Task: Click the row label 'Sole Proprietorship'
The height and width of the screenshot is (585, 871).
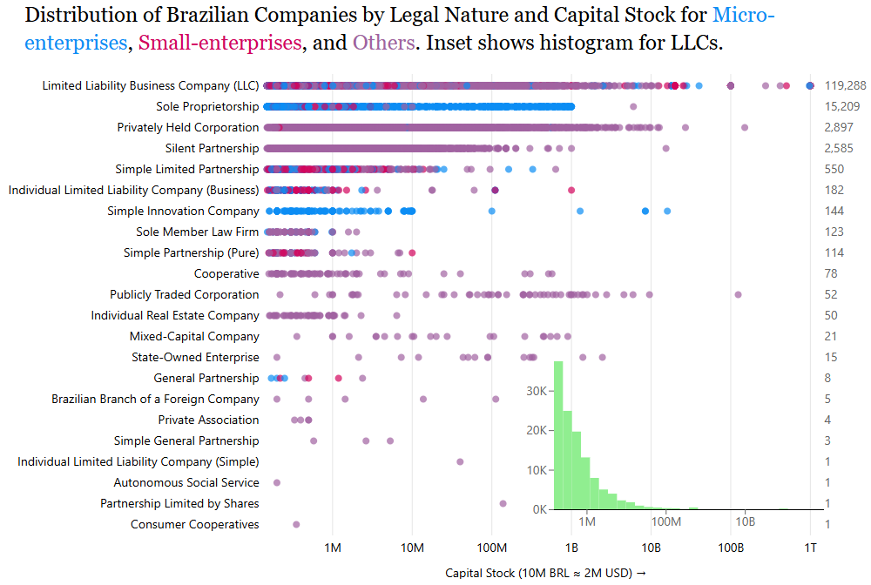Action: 207,106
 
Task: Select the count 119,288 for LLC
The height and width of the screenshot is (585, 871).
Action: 845,85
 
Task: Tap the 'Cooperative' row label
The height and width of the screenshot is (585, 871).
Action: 226,273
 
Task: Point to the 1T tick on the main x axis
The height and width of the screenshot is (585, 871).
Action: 810,547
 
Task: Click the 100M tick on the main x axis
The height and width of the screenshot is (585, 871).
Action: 492,547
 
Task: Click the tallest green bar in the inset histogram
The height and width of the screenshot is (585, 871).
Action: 558,435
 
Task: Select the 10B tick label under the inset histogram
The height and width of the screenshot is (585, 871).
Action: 745,521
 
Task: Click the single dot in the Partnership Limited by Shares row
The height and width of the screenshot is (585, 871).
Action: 503,503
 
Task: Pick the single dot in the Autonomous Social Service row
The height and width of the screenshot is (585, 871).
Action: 277,482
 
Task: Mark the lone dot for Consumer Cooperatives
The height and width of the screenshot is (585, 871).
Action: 296,524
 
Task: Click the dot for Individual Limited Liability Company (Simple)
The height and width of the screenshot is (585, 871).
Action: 460,461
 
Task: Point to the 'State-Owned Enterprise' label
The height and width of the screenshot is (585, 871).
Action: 195,357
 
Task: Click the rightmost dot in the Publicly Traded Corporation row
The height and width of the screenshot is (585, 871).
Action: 738,294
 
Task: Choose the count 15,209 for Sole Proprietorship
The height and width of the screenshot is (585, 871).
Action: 842,106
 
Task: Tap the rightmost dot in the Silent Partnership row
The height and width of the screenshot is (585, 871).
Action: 665,148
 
